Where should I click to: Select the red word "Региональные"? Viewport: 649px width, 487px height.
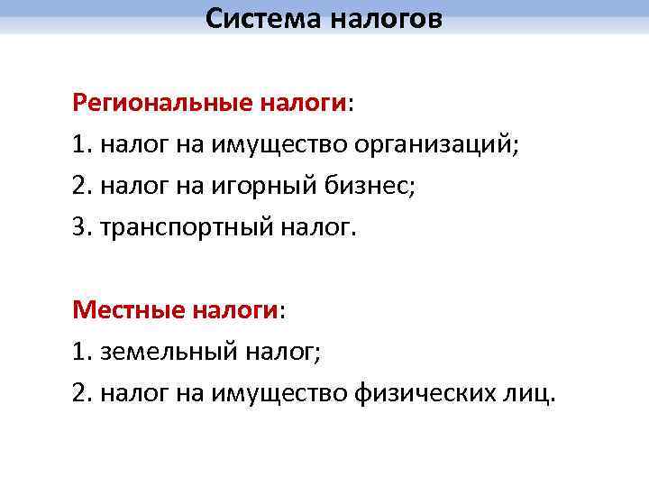(x=164, y=104)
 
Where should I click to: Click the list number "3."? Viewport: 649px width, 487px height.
(x=82, y=228)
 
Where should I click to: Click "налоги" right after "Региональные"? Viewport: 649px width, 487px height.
(x=303, y=104)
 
